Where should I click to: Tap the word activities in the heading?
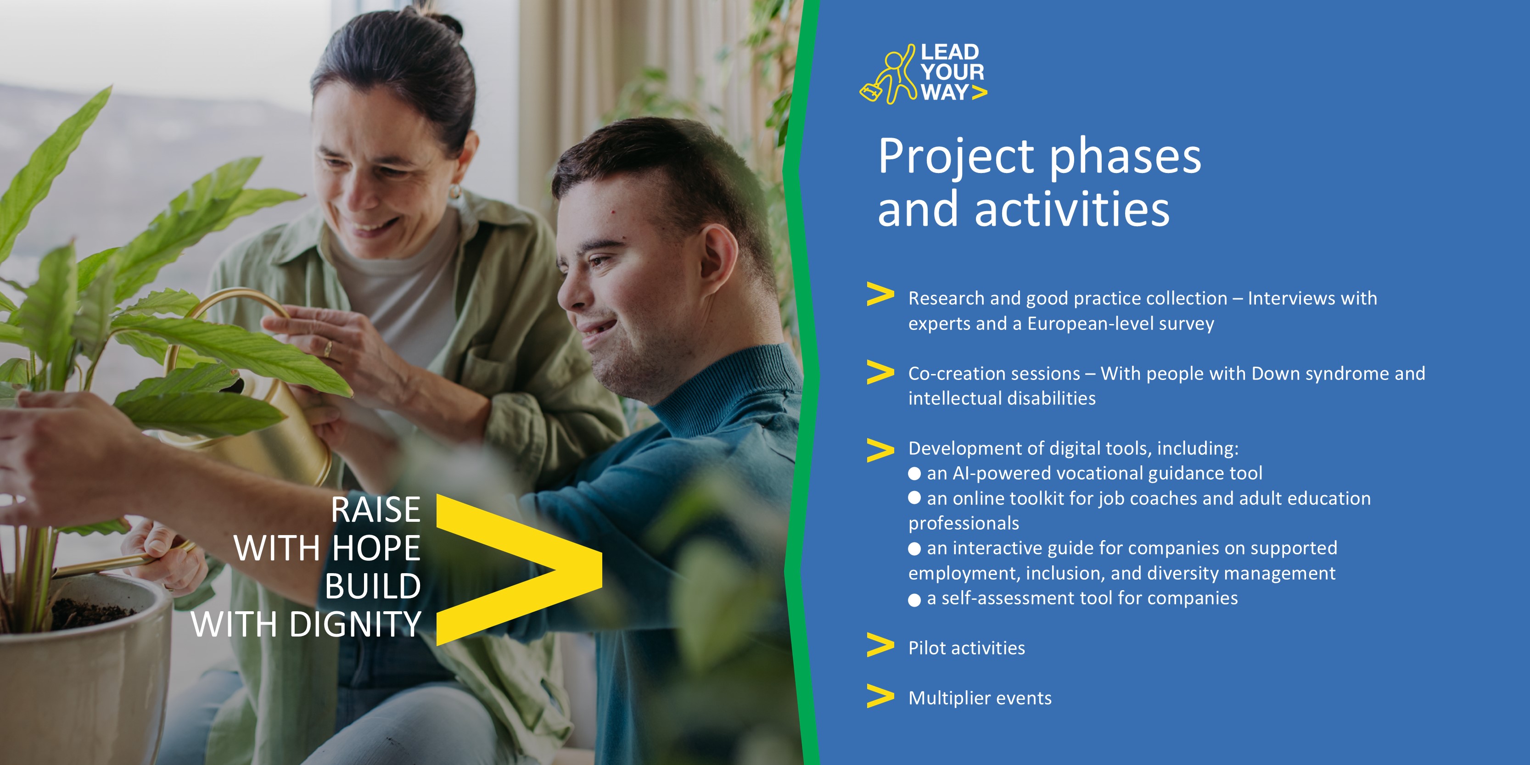[x=1072, y=209]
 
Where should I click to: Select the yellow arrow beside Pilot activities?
[x=880, y=645]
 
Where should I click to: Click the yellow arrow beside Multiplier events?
[x=880, y=696]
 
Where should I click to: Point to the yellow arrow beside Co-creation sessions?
[x=880, y=372]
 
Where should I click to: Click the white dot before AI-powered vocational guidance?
[x=915, y=474]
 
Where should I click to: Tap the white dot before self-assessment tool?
[x=915, y=600]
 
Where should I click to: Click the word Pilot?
[x=926, y=648]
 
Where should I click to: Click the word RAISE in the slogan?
[x=375, y=509]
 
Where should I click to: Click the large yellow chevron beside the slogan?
[x=519, y=570]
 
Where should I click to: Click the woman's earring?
[x=455, y=191]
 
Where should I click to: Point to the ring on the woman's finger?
[x=328, y=349]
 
